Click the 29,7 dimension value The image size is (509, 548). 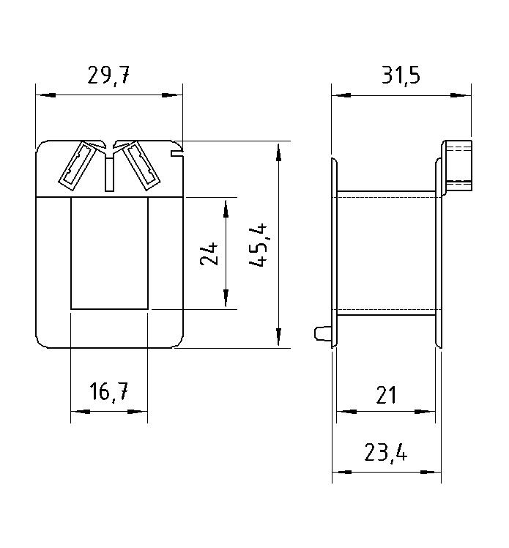pos(108,75)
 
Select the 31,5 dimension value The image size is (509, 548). pos(401,75)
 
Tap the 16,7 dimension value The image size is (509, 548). pos(109,392)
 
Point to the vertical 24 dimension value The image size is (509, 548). pos(209,253)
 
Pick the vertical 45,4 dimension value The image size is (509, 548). pos(259,245)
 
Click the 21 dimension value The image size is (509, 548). pos(386,395)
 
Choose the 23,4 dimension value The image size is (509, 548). pos(386,452)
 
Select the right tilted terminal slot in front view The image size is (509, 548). pos(141,166)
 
